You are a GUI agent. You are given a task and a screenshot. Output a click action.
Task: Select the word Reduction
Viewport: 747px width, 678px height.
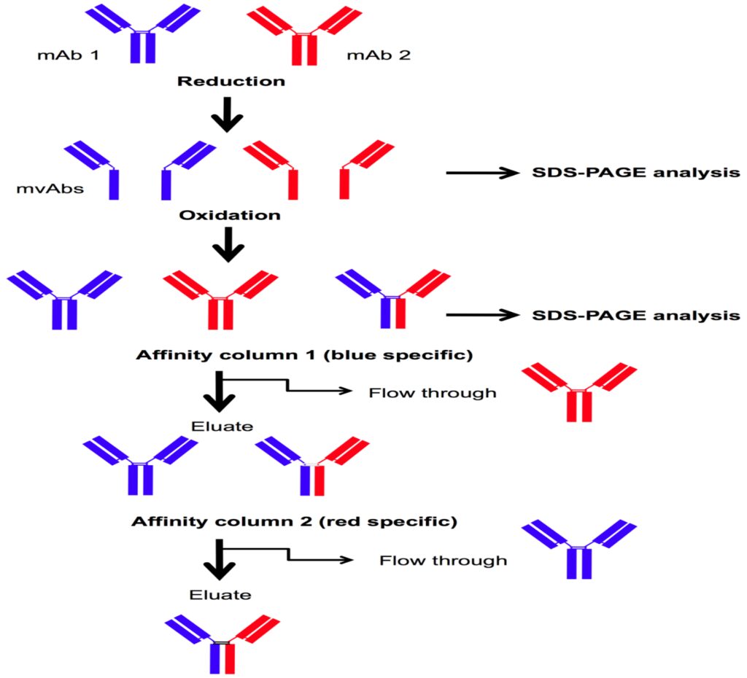(x=231, y=81)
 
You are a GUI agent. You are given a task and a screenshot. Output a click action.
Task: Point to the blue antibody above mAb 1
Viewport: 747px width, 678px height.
(x=143, y=32)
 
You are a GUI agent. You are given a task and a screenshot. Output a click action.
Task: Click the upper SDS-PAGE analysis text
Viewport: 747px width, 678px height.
(x=631, y=174)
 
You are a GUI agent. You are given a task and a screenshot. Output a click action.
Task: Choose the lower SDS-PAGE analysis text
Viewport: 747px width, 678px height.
(x=631, y=316)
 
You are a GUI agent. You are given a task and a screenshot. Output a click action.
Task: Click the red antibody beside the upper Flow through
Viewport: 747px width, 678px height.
(x=580, y=390)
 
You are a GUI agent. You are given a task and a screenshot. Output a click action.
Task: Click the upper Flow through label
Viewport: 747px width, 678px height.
(x=433, y=393)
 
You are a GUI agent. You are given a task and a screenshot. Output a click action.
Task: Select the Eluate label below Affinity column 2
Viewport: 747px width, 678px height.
(x=220, y=595)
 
